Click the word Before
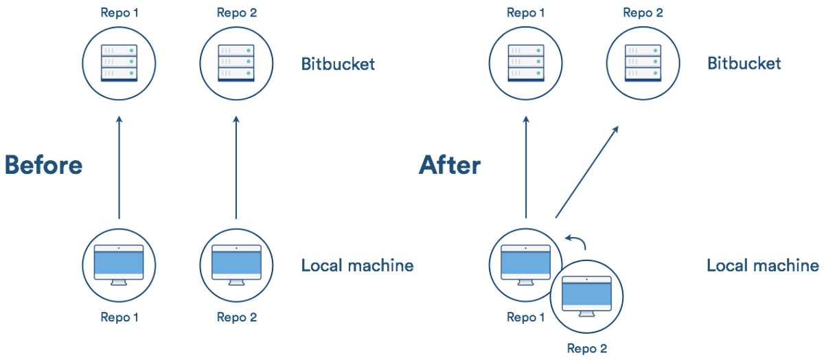[x=43, y=166]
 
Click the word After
[x=450, y=166]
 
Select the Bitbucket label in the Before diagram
[x=339, y=64]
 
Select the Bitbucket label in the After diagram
[x=744, y=64]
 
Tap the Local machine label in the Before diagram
[x=358, y=265]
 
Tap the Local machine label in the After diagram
[x=763, y=265]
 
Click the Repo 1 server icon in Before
[x=119, y=63]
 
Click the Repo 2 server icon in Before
[x=236, y=63]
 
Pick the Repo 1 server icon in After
[x=526, y=63]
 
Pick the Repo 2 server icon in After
[x=643, y=63]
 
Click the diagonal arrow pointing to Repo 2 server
[x=586, y=172]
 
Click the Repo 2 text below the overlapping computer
[x=586, y=348]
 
